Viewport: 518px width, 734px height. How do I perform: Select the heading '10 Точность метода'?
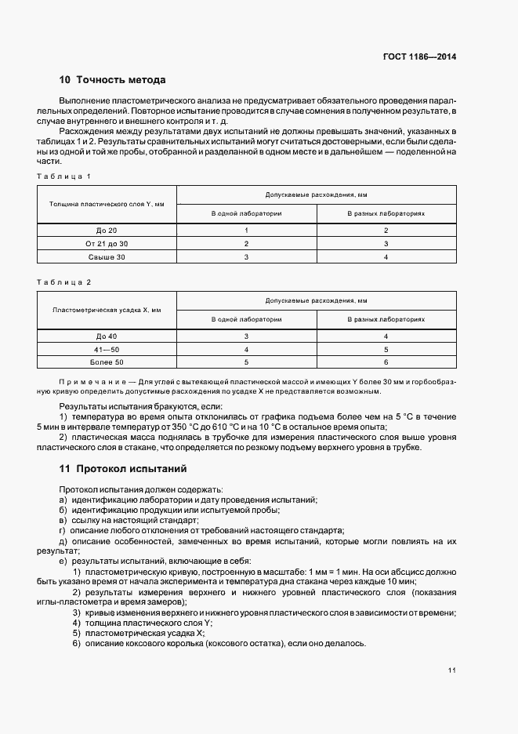112,80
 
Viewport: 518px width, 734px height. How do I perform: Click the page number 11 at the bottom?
452,670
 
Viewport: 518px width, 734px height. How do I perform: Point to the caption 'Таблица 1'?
65,176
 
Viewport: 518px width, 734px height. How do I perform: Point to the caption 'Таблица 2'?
65,282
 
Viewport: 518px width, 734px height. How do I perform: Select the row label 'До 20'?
106,230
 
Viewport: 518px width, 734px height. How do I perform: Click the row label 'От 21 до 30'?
106,243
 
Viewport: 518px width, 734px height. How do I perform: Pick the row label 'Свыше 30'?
106,256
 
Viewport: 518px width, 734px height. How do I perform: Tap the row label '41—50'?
106,349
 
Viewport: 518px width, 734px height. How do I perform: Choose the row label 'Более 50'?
106,362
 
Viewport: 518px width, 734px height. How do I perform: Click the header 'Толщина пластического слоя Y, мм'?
107,204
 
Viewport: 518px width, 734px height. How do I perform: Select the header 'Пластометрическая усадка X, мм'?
107,310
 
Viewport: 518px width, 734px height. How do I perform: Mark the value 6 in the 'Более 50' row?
386,362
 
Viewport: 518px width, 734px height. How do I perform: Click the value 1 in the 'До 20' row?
246,230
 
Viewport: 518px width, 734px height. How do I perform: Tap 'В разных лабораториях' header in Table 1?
386,213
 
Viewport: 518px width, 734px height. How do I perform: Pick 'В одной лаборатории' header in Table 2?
246,319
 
